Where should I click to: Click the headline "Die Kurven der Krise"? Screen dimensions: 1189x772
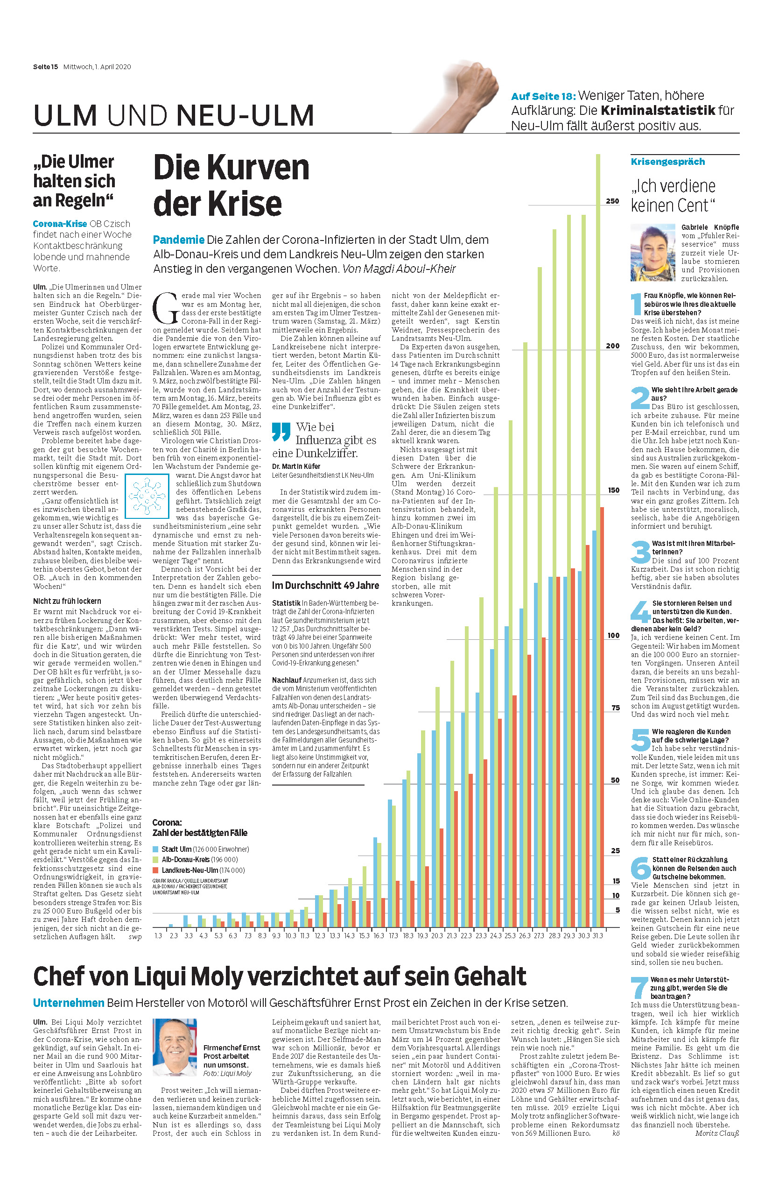(x=231, y=185)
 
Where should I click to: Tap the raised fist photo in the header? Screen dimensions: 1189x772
(x=464, y=95)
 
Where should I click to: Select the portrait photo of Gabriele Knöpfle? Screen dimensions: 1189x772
(x=653, y=252)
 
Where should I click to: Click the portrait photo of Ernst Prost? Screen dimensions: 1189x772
(x=175, y=1047)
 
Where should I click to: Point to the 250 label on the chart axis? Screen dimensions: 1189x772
(x=612, y=201)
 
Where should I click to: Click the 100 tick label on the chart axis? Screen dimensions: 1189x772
(x=613, y=636)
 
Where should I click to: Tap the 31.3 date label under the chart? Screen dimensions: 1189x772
(x=597, y=935)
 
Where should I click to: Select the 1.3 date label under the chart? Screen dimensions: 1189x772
(x=158, y=935)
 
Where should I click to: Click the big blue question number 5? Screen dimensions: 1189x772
(x=640, y=740)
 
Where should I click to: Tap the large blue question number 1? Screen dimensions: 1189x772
(x=636, y=304)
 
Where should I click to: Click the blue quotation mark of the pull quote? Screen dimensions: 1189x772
(x=281, y=432)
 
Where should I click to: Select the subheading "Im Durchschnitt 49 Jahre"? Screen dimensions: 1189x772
(x=325, y=585)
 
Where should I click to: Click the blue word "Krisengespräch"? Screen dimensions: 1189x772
(x=667, y=162)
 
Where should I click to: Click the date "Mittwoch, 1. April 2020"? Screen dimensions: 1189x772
(x=97, y=66)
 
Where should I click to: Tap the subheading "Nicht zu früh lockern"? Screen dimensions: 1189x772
(x=67, y=601)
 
